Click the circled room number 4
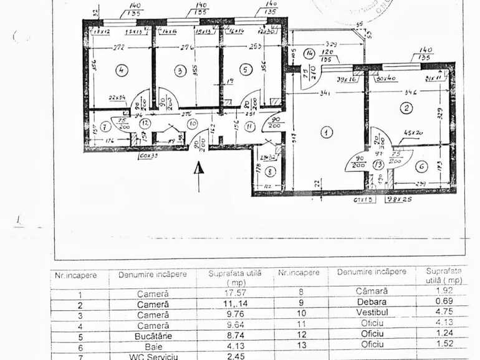tap(121, 71)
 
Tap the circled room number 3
tap(180, 71)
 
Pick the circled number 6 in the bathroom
tap(421, 166)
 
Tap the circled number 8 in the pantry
tap(105, 126)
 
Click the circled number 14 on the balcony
tap(269, 171)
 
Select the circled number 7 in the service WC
tap(105, 126)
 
